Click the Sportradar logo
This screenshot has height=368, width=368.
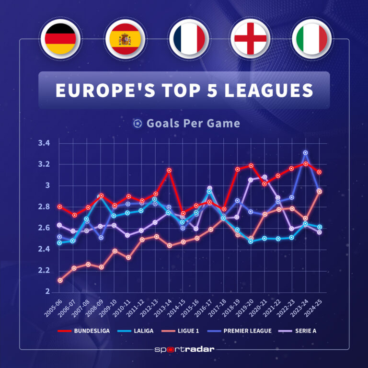coord(184,349)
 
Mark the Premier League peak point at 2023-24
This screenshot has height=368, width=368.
coord(305,153)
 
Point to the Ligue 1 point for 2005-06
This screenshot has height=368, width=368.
coord(60,280)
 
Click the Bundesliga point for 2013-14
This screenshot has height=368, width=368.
coord(169,170)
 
